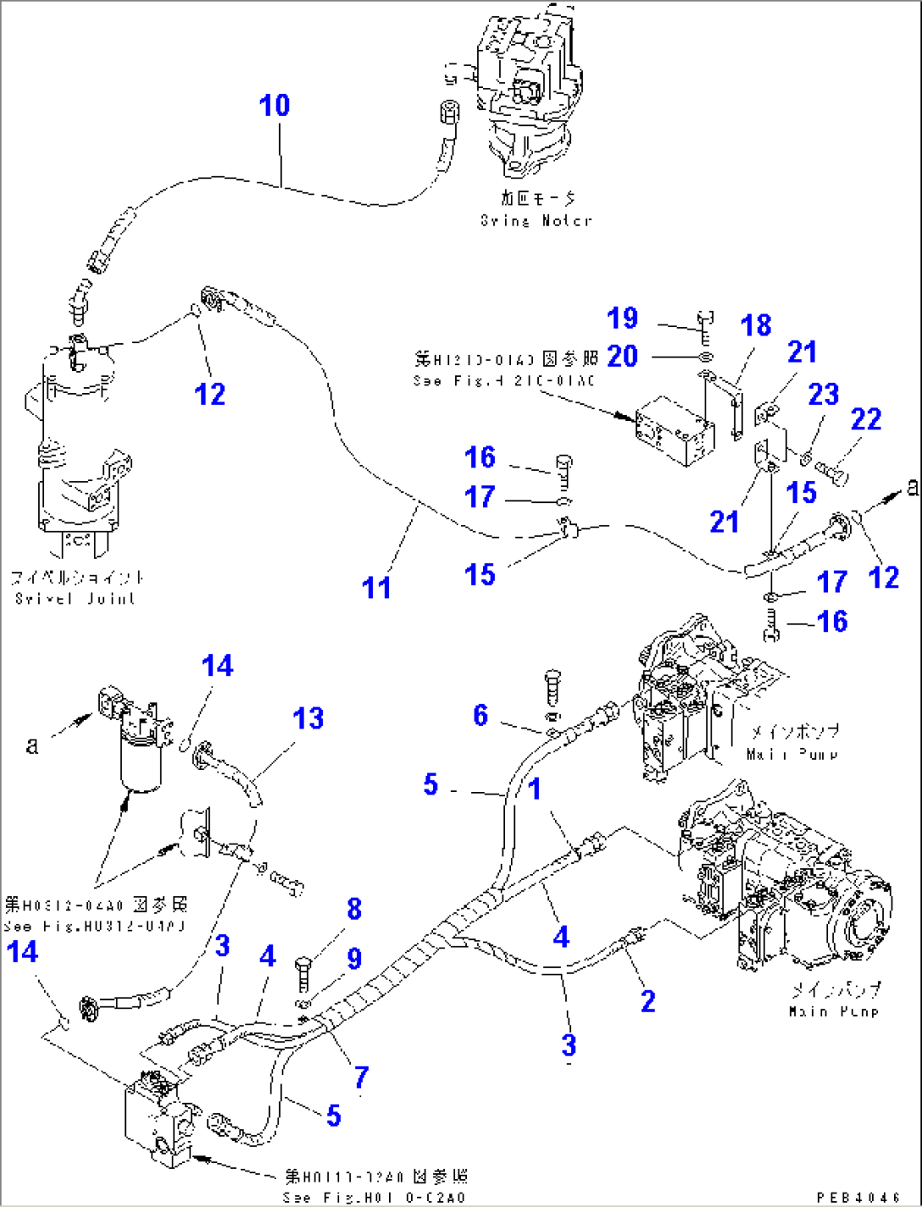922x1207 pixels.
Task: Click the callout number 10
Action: tap(274, 106)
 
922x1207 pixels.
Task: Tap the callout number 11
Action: tap(376, 587)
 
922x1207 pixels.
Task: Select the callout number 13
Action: tap(308, 718)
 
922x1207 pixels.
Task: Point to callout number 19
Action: tap(623, 319)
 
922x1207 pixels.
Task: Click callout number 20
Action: tap(623, 356)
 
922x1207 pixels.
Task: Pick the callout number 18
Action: tap(755, 325)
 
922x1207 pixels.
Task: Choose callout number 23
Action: tap(823, 394)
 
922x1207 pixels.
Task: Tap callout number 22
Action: tap(865, 419)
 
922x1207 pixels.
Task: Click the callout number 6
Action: tap(480, 715)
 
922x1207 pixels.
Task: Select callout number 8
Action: tap(354, 909)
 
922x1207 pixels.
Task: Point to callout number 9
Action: tap(354, 958)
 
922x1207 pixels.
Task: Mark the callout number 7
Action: tap(361, 1077)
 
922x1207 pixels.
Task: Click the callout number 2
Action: tap(648, 1002)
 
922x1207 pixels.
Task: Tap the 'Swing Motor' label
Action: tap(536, 221)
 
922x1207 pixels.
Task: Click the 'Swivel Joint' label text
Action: tap(75, 598)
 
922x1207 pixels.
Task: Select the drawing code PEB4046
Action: tap(858, 1197)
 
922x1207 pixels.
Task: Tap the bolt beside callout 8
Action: tap(304, 973)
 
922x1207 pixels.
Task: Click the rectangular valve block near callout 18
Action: tap(672, 433)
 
